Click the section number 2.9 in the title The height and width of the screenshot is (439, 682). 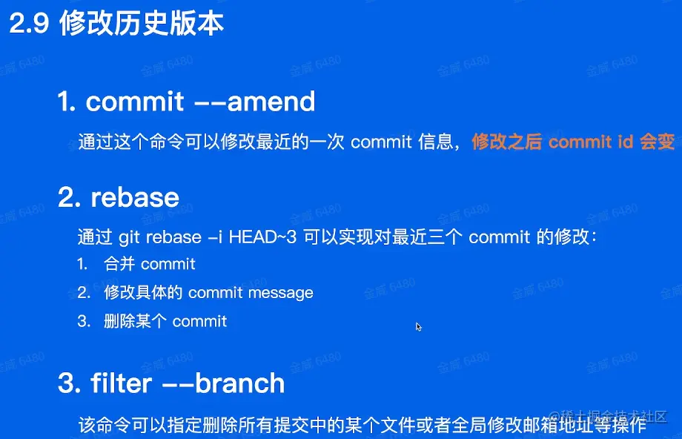tap(29, 23)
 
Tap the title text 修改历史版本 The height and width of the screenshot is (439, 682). tap(142, 23)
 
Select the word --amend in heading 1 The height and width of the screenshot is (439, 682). tap(254, 102)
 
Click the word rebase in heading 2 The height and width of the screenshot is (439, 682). tap(135, 197)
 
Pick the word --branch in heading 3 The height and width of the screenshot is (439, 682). tap(224, 383)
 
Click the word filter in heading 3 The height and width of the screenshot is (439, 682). tap(122, 383)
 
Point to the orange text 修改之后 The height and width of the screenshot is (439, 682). tap(507, 142)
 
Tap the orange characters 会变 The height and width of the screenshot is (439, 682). tap(658, 142)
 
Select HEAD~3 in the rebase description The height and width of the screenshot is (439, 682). tap(262, 237)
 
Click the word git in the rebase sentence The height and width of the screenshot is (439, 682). tap(129, 237)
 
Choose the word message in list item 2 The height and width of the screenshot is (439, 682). tap(280, 293)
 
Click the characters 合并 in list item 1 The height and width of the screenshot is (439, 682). tap(119, 264)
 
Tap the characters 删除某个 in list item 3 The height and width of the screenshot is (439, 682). tap(135, 321)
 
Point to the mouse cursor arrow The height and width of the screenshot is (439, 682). tap(418, 327)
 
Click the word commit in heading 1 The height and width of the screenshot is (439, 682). tap(135, 102)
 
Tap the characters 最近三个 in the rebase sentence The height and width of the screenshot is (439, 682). tap(427, 237)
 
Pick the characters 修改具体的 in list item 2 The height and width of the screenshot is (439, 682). tap(143, 292)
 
